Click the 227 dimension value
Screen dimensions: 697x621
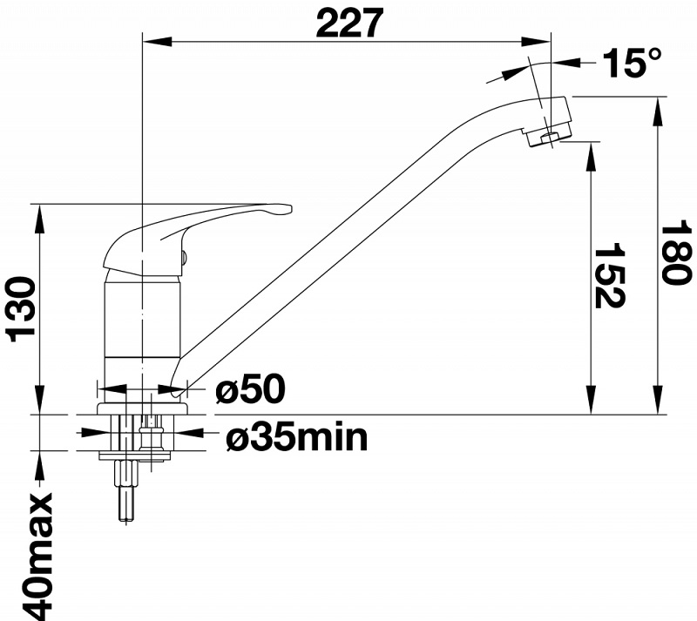[x=349, y=23]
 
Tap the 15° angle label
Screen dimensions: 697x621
[x=632, y=62]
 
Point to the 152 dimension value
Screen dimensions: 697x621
[x=609, y=275]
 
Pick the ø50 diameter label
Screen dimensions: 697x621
[x=250, y=389]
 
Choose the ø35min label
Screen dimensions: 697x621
[x=297, y=437]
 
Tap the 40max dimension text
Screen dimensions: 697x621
[x=37, y=556]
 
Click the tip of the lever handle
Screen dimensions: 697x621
[x=290, y=208]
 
